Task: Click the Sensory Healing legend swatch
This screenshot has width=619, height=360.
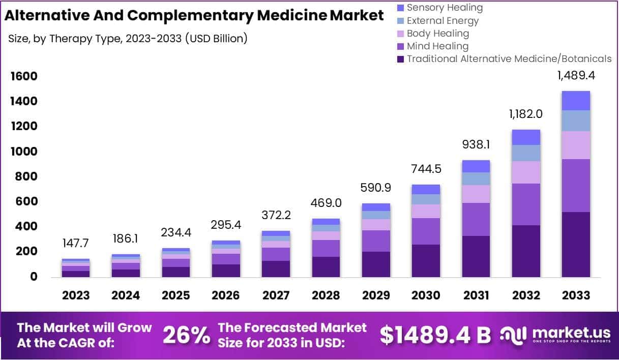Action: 400,8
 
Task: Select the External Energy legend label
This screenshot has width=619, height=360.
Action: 443,21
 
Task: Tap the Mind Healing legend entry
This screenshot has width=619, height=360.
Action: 437,46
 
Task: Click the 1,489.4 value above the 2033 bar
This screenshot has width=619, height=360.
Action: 576,76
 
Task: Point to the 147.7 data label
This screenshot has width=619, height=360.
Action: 76,244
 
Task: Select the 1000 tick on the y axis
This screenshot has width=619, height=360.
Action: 24,152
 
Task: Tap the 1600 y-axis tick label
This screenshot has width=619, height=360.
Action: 24,77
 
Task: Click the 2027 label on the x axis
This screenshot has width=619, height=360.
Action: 276,295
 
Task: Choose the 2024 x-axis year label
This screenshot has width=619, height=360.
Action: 126,295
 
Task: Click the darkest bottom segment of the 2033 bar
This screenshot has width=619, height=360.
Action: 576,244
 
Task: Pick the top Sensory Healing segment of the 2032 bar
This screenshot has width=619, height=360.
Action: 526,137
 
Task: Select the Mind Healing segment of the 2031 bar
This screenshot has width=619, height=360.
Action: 476,219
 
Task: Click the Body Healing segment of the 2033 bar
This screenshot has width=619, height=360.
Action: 576,145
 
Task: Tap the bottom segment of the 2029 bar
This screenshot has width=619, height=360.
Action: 376,264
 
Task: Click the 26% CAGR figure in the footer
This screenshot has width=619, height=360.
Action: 186,335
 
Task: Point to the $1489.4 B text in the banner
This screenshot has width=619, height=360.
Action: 435,335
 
